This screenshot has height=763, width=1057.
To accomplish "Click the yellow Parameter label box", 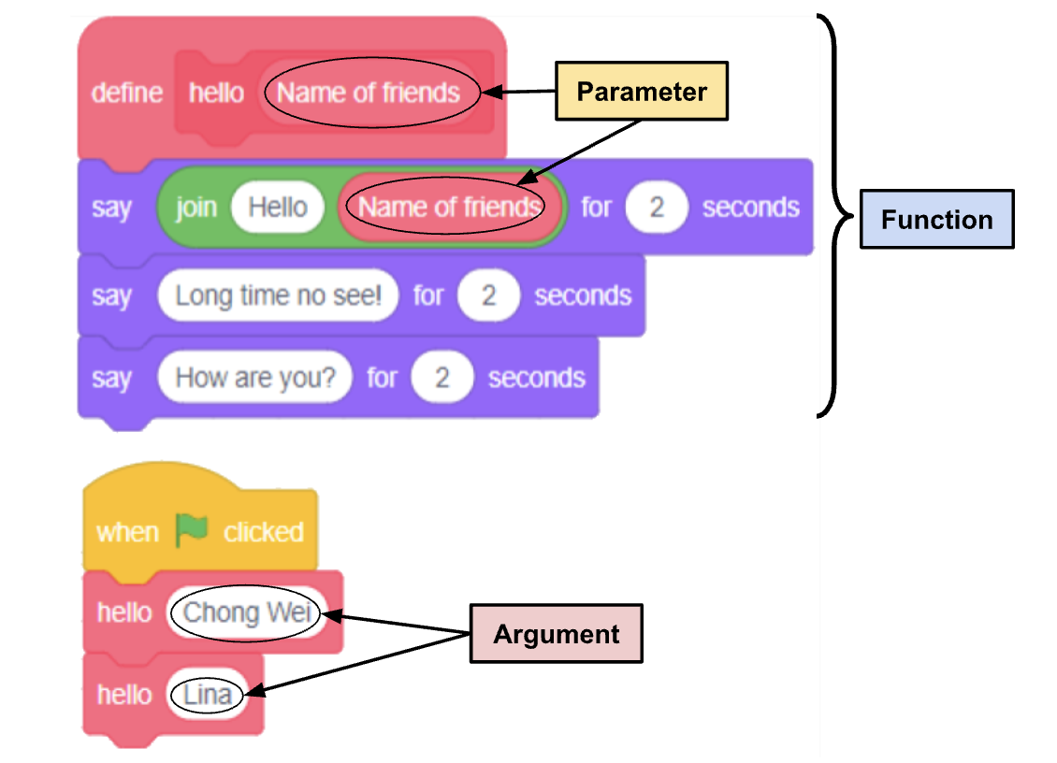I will tap(642, 91).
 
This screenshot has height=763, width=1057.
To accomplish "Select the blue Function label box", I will tap(937, 220).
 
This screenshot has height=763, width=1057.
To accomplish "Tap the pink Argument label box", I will tap(556, 634).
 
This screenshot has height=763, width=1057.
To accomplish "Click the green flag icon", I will tap(192, 530).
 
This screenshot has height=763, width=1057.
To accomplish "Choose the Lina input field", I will tap(208, 695).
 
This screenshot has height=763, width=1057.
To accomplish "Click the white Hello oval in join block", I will tap(278, 207).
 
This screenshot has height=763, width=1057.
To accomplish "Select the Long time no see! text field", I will tap(279, 296).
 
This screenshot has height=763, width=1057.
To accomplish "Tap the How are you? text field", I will tap(255, 378).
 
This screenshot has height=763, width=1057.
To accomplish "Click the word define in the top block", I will tap(127, 93).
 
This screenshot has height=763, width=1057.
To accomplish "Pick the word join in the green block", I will tap(196, 207).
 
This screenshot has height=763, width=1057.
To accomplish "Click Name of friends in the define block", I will tap(369, 93).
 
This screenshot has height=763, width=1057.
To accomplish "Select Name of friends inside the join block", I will tap(449, 207).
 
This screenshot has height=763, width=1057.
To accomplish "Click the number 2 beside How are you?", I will tap(442, 378).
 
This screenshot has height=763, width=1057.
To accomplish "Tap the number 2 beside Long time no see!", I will tap(488, 296).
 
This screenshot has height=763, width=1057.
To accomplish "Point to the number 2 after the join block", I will tap(657, 207).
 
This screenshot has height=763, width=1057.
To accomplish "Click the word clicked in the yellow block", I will tap(264, 532).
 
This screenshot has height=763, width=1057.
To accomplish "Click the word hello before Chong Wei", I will tap(124, 612).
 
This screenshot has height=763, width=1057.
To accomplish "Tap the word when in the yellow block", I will tap(127, 532).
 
